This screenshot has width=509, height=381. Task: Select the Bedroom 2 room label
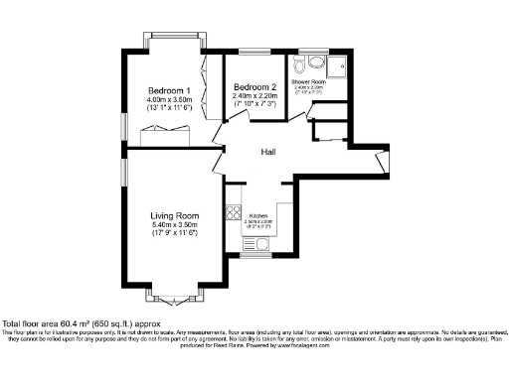click(254, 86)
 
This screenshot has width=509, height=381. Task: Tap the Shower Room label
click(308, 80)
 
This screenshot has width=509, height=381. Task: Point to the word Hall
click(268, 152)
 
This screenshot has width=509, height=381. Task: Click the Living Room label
click(175, 215)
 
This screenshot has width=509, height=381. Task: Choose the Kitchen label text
click(258, 215)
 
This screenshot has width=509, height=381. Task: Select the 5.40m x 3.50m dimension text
click(175, 225)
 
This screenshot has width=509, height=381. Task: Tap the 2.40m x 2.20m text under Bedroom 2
click(254, 96)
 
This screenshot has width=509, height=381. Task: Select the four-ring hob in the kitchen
click(234, 210)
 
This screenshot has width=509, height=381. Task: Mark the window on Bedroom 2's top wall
click(254, 51)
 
